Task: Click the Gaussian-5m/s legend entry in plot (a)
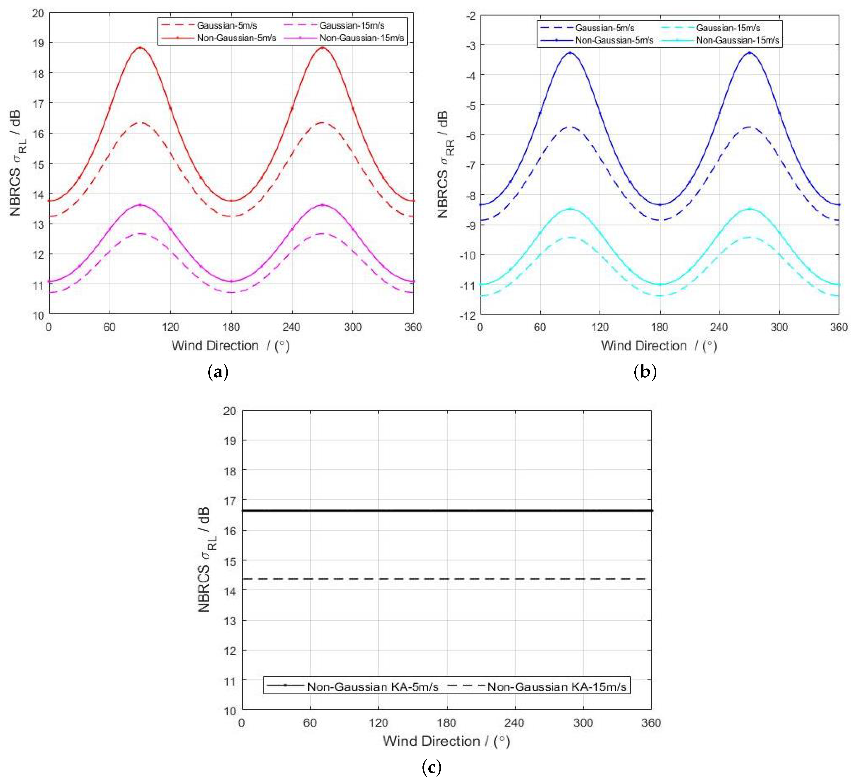coord(226,25)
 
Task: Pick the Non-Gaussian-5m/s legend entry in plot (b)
coord(614,40)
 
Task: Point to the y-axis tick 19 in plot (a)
coord(38,43)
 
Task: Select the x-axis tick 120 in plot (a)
coord(170,327)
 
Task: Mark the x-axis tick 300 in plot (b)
coord(779,327)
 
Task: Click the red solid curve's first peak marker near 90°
coord(140,48)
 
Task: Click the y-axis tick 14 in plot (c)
coord(230,591)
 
